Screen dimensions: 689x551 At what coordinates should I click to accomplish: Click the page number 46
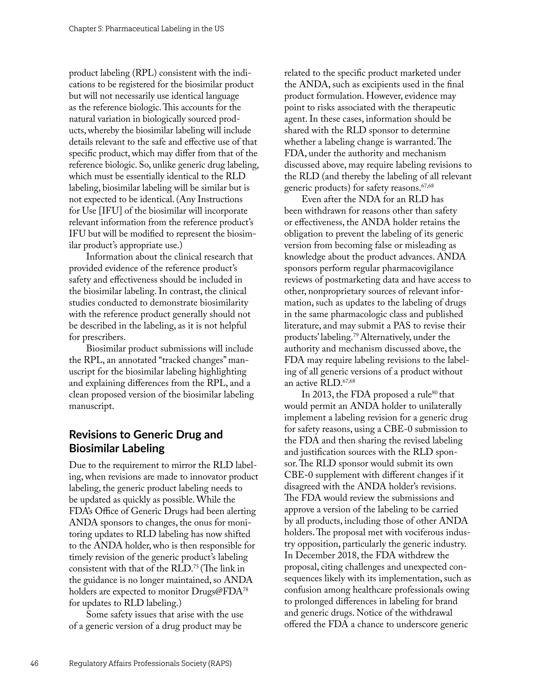(x=34, y=664)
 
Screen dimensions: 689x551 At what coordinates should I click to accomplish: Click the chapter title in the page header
(x=146, y=29)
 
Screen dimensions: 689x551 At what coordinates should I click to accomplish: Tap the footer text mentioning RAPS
(x=150, y=664)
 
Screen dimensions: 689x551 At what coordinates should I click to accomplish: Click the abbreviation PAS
(x=402, y=326)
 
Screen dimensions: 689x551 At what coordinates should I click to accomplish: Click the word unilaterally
(x=440, y=406)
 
